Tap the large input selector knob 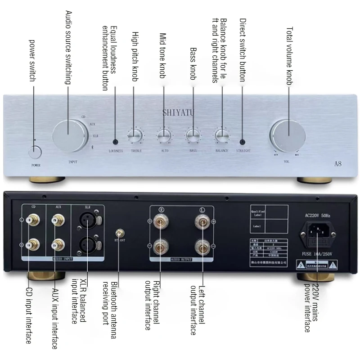(x=68, y=135)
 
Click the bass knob (x=193, y=135)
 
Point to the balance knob (x=222, y=135)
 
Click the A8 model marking (x=337, y=164)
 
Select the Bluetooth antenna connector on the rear (x=119, y=233)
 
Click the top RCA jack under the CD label (x=32, y=220)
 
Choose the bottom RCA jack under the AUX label (x=58, y=246)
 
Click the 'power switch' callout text (x=32, y=60)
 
